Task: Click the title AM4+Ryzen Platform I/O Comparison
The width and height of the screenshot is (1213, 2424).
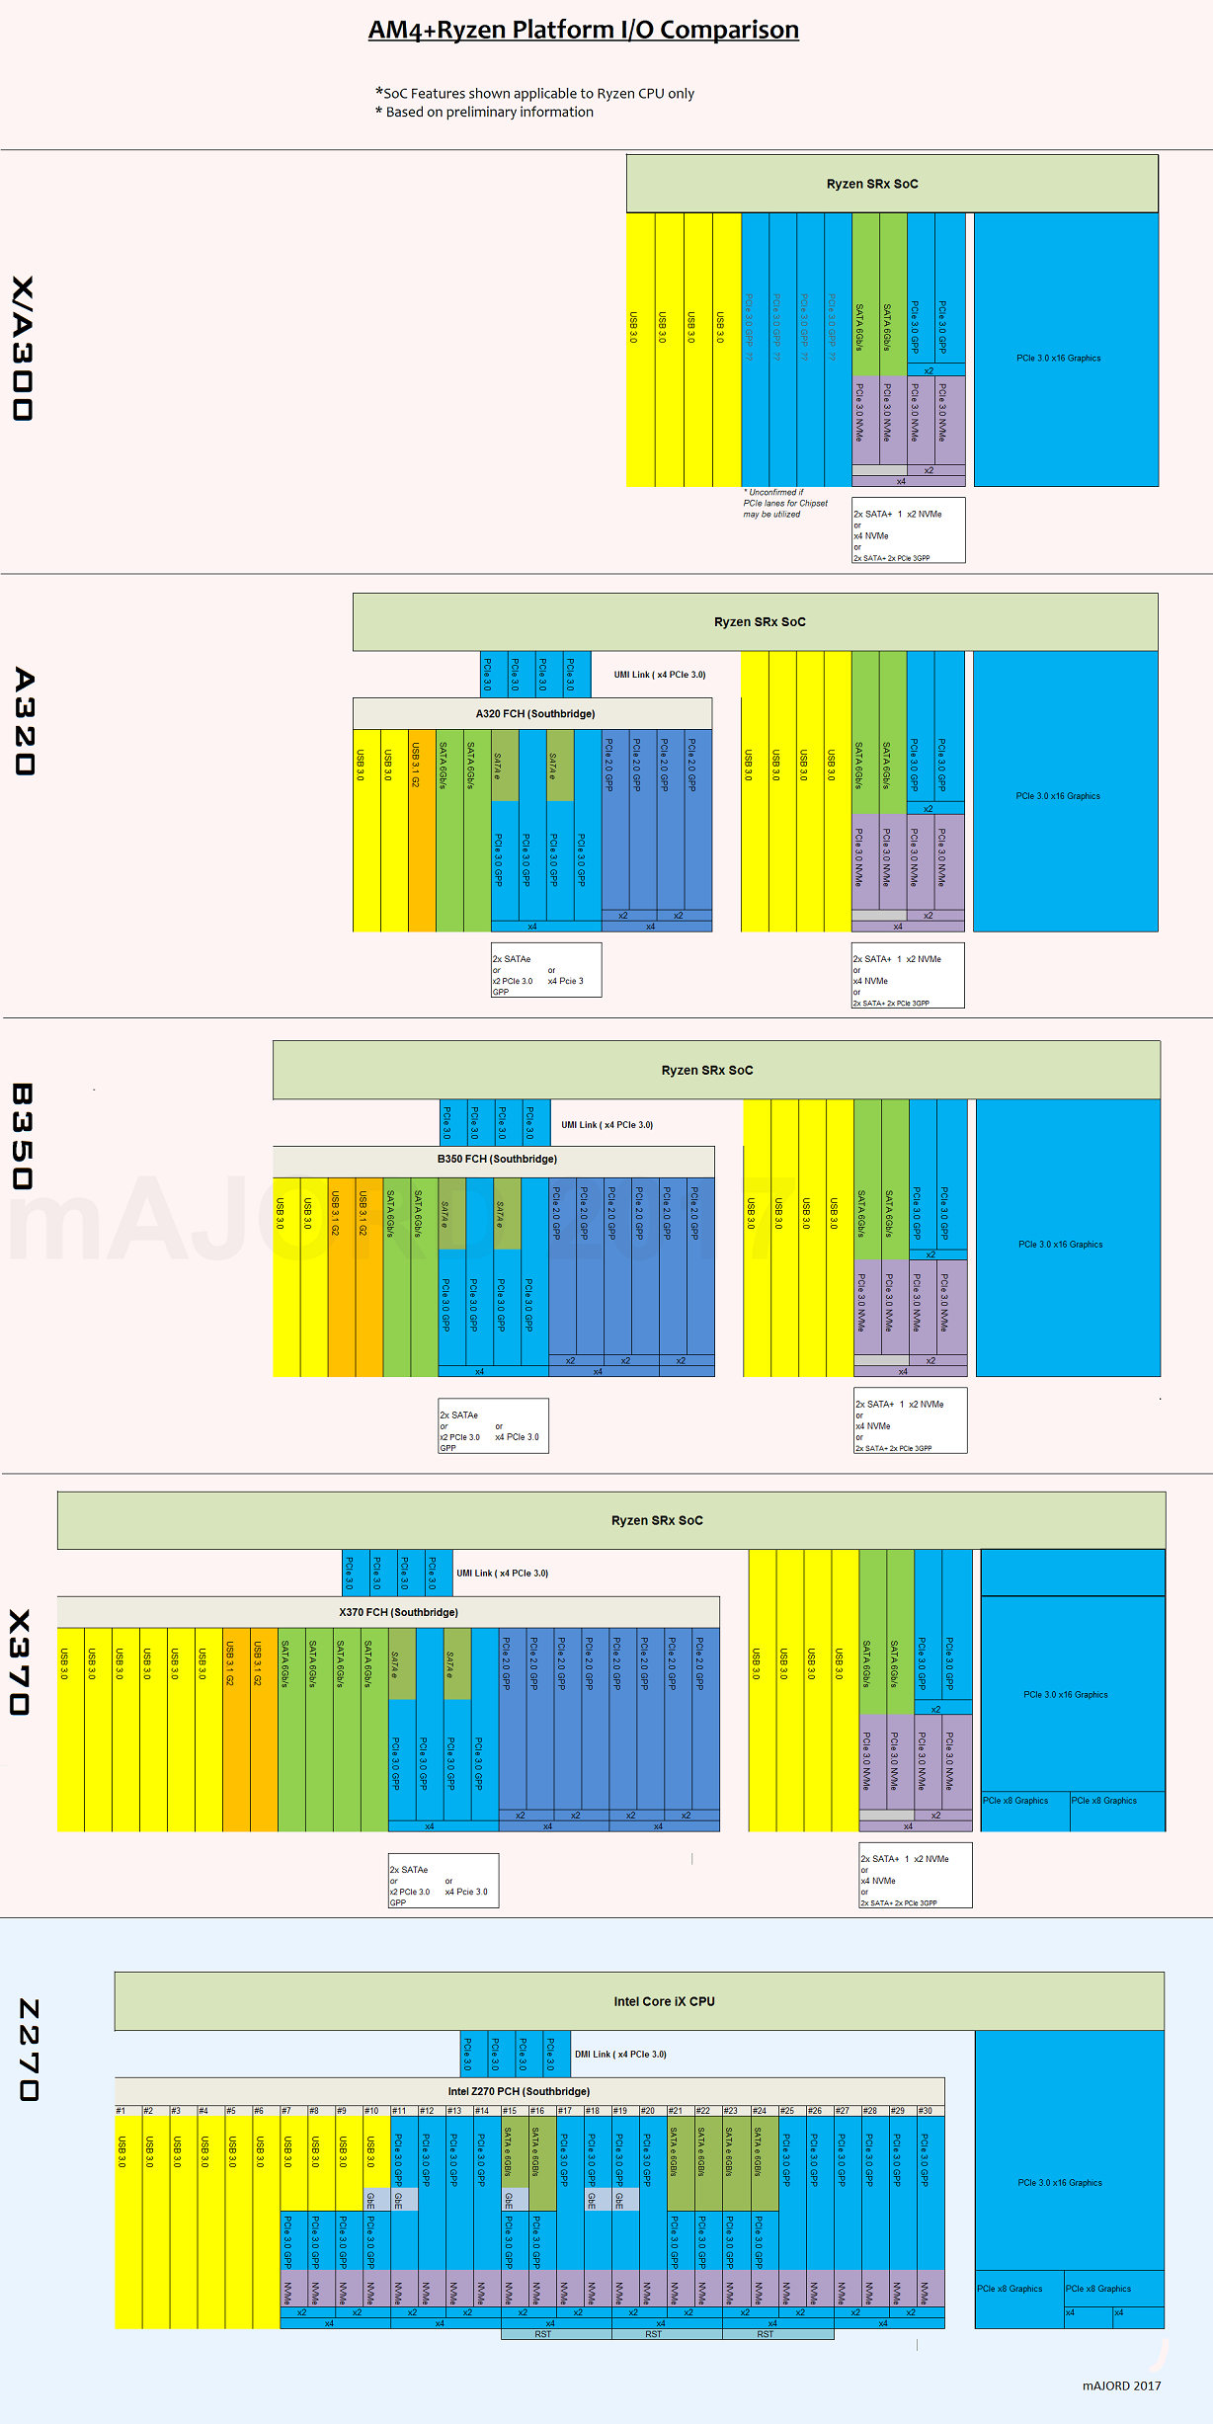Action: click(x=583, y=30)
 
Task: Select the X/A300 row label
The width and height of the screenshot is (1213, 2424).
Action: click(x=23, y=348)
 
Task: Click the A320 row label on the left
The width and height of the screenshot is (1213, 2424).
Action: click(x=25, y=721)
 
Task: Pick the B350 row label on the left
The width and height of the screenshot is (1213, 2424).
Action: click(x=23, y=1136)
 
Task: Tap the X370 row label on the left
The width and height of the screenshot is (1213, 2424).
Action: click(x=21, y=1662)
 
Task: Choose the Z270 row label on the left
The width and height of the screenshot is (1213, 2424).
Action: click(x=30, y=2050)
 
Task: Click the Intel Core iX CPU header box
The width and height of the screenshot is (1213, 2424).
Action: click(x=664, y=2001)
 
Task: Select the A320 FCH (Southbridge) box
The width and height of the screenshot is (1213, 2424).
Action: click(x=534, y=713)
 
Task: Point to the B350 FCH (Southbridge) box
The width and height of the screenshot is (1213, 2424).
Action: click(x=497, y=1159)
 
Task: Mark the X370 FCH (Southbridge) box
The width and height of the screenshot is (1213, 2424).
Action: click(x=398, y=1612)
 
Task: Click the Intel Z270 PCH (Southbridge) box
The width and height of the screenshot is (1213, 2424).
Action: click(x=519, y=2091)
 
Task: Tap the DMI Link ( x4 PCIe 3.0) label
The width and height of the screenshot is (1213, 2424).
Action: click(x=620, y=2055)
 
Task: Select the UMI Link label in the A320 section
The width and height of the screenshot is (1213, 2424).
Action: click(x=659, y=675)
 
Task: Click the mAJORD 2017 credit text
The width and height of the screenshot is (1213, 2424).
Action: click(x=1121, y=2385)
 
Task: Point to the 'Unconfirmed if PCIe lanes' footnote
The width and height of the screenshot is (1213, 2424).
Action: click(x=785, y=503)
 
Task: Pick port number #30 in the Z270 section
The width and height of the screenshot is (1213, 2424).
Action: click(x=926, y=2111)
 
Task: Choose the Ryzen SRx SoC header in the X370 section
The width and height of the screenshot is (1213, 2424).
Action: click(x=657, y=1520)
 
